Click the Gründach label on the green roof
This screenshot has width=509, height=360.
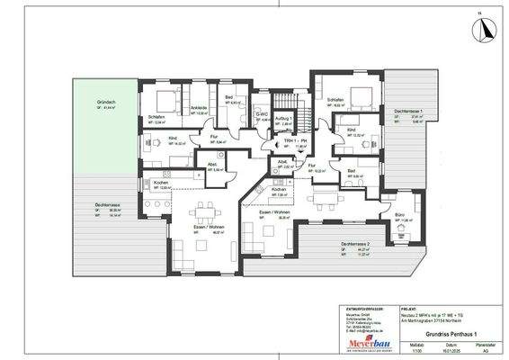click(x=106, y=103)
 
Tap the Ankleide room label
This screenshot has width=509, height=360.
click(x=199, y=108)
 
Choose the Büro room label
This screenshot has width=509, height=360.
click(x=397, y=216)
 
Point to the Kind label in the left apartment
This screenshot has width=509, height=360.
click(x=172, y=138)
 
